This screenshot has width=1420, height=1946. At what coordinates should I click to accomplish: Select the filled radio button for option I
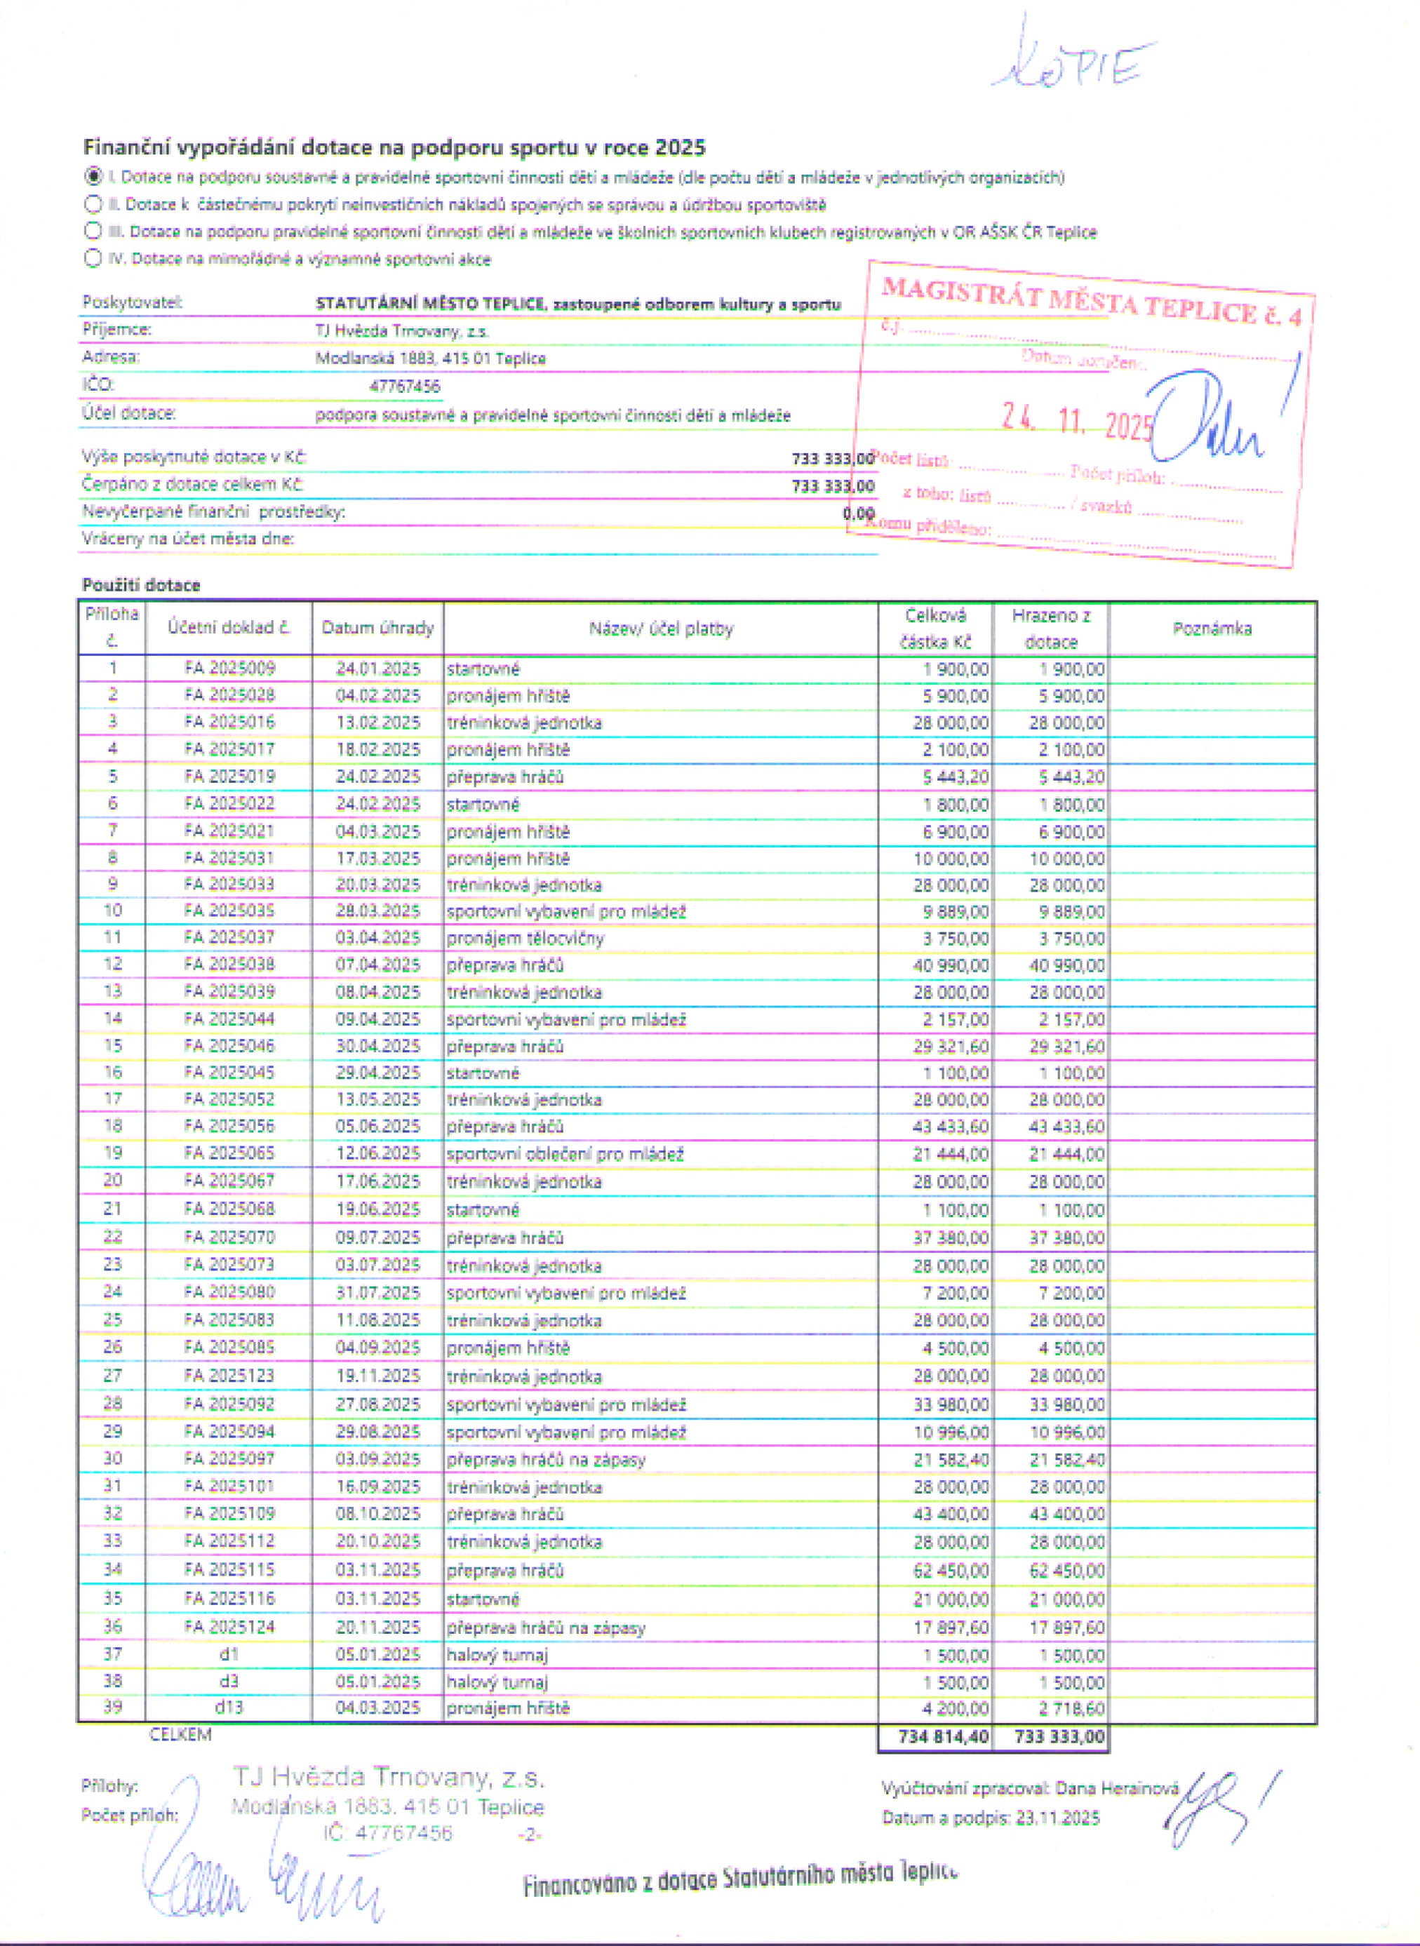point(93,177)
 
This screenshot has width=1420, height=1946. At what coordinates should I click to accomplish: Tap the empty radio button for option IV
point(93,258)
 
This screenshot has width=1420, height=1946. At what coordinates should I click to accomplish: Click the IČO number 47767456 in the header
point(404,387)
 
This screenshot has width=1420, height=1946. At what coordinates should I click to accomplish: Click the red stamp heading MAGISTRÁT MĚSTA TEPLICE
point(1090,301)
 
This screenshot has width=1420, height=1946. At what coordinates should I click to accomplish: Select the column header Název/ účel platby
point(660,629)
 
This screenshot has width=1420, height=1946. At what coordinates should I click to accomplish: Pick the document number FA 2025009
point(229,668)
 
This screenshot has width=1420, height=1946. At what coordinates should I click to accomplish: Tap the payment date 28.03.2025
point(377,911)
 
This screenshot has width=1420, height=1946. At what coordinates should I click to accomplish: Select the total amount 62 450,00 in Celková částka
point(951,1571)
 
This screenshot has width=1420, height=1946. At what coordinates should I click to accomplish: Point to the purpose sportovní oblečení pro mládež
point(565,1153)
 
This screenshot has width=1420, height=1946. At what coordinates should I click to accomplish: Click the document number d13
point(229,1707)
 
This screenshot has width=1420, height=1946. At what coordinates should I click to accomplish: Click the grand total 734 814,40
point(943,1737)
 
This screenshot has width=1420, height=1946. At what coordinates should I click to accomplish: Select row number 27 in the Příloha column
point(112,1375)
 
